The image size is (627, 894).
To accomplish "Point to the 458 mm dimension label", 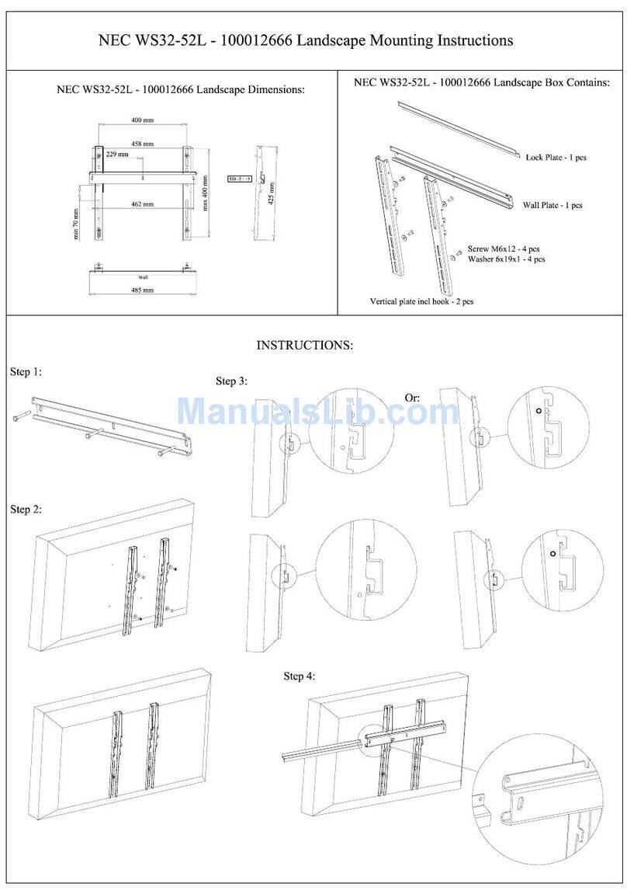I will point(142,144).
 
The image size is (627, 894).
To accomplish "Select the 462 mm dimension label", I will point(142,204).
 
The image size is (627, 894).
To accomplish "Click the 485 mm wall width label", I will point(142,290).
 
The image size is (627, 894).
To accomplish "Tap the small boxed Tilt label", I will point(235,178).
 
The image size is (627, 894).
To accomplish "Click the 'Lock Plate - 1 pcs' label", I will point(556,157).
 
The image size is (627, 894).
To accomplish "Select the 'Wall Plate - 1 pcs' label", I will point(551,205).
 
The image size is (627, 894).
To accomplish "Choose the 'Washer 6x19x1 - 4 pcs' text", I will point(505,259).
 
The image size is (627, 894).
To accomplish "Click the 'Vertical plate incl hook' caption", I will point(421,301).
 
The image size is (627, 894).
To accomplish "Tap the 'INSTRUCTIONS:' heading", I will point(305,344).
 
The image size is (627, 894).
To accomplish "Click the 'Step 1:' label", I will point(26,372).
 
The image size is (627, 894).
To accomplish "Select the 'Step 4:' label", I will point(300,676).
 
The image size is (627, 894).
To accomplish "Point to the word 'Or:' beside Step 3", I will point(412,397).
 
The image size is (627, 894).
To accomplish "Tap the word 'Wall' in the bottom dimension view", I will point(143,276).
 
